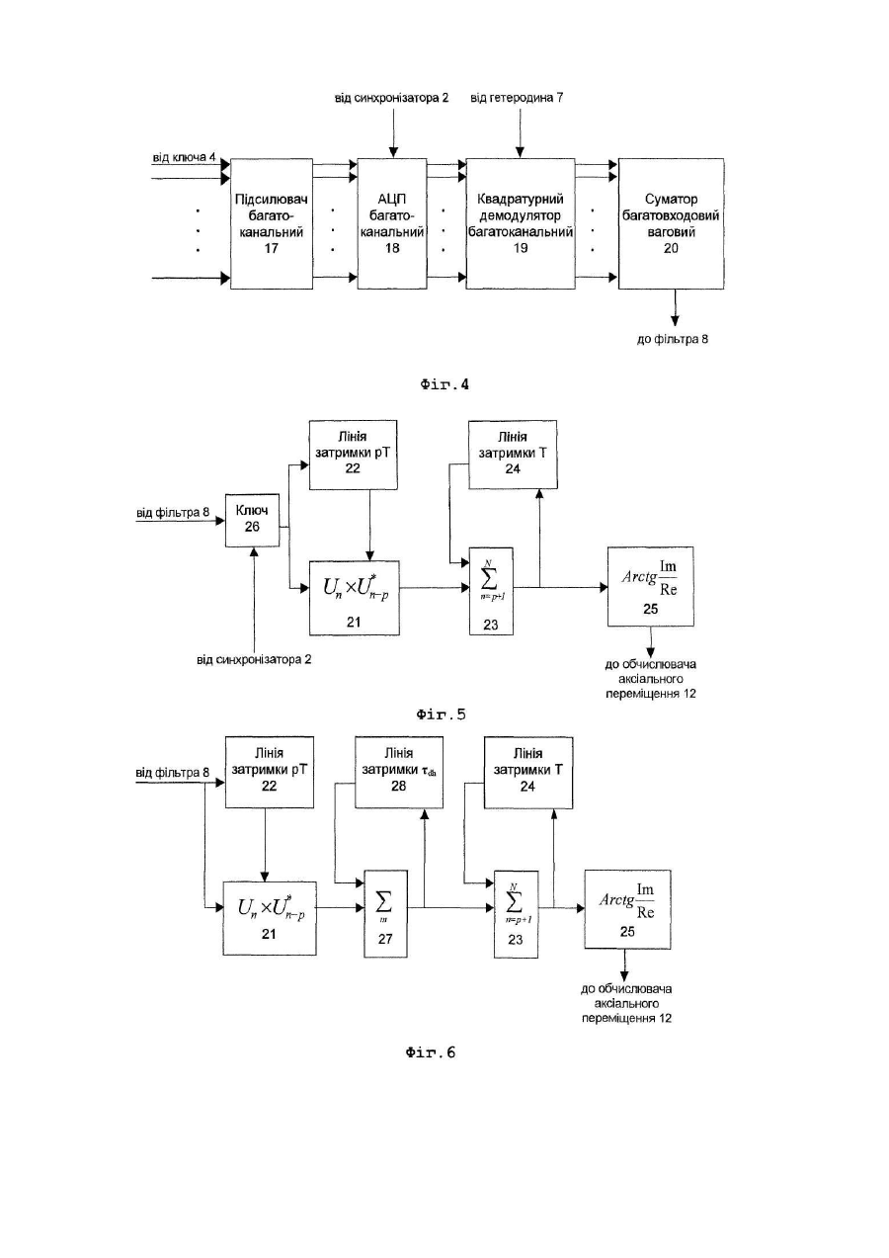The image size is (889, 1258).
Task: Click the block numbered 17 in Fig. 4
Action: click(x=272, y=223)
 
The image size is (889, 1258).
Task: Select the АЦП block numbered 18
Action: click(x=392, y=223)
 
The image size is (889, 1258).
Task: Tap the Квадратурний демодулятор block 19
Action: click(x=521, y=223)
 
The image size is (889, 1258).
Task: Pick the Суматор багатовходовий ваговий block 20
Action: click(x=672, y=223)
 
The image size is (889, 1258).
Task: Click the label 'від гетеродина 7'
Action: click(x=517, y=98)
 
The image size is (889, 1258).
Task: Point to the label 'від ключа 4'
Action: click(x=185, y=157)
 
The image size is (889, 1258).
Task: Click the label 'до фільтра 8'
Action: click(x=673, y=339)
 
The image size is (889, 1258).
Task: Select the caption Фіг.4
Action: click(x=444, y=384)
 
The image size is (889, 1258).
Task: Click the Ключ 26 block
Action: click(x=253, y=520)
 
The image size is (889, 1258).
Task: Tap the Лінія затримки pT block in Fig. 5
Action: click(x=353, y=455)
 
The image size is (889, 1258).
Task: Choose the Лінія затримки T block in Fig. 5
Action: click(x=513, y=455)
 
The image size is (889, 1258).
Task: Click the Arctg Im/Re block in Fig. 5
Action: click(x=651, y=586)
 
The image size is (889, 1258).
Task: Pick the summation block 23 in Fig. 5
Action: click(x=491, y=591)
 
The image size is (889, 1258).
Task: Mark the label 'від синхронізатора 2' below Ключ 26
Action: click(x=254, y=659)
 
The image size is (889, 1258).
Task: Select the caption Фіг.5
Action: click(x=442, y=714)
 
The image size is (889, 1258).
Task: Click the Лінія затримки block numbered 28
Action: click(x=398, y=772)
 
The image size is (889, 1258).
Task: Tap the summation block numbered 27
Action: click(x=385, y=914)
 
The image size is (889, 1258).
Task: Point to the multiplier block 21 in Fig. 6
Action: click(x=270, y=918)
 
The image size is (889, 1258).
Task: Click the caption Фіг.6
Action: click(x=431, y=1051)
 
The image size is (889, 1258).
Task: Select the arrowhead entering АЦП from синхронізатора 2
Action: click(x=393, y=152)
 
